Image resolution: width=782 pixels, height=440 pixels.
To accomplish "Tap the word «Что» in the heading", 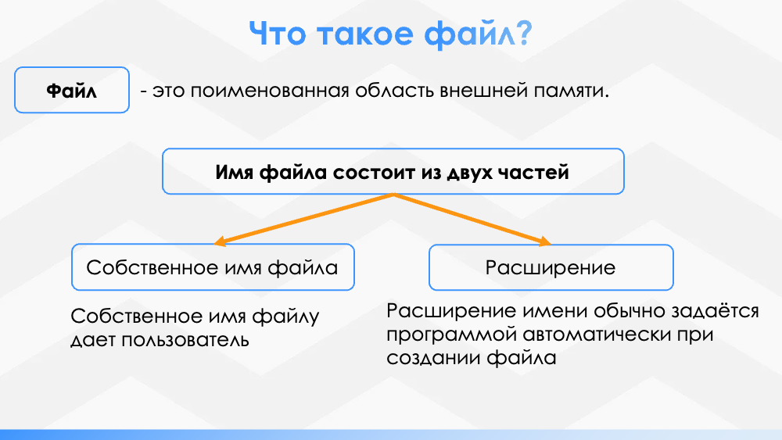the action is (277, 34).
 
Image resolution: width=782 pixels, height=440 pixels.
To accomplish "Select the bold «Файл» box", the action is (72, 90).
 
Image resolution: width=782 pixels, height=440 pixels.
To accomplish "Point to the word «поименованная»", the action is (269, 91).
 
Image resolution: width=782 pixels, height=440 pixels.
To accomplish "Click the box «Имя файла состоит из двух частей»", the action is (393, 171).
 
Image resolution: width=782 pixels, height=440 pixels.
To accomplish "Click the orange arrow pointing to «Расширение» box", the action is (472, 220).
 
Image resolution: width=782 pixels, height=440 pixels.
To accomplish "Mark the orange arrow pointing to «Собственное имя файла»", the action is (303, 220).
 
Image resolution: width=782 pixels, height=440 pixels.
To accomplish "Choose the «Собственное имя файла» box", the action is (213, 267).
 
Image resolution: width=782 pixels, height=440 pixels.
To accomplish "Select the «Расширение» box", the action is (551, 267).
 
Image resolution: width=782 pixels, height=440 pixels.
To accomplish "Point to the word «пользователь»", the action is (185, 340).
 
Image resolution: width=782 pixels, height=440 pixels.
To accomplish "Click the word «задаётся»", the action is (715, 310).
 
